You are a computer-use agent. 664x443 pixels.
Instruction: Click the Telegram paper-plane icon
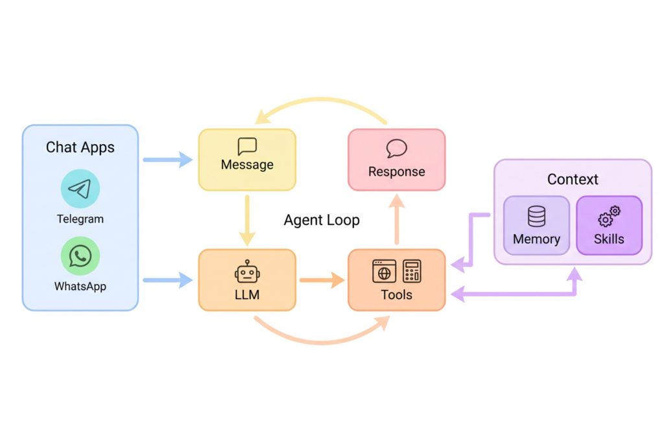(x=80, y=189)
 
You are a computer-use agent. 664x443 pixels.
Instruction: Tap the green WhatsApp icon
(x=80, y=256)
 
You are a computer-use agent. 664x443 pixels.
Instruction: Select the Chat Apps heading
(x=80, y=147)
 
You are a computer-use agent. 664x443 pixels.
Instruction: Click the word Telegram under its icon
(x=80, y=219)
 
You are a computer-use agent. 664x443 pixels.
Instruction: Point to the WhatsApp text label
(x=80, y=286)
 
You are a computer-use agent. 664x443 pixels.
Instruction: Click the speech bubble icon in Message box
(x=247, y=145)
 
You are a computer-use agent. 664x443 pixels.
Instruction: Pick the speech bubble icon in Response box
(x=396, y=149)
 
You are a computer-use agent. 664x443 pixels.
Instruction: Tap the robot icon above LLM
(x=247, y=272)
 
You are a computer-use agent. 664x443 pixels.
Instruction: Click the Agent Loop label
(x=322, y=220)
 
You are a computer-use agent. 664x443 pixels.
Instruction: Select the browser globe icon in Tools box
(x=384, y=271)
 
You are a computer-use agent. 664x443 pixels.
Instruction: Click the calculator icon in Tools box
(x=412, y=271)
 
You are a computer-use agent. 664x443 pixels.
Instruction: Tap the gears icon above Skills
(x=610, y=215)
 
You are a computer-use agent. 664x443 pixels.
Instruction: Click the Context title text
(x=573, y=179)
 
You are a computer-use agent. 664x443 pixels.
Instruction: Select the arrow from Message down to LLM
(x=247, y=219)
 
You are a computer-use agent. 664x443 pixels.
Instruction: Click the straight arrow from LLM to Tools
(x=322, y=281)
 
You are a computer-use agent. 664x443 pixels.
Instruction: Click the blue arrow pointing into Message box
(x=168, y=160)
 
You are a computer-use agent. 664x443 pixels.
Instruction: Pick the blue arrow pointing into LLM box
(x=168, y=281)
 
